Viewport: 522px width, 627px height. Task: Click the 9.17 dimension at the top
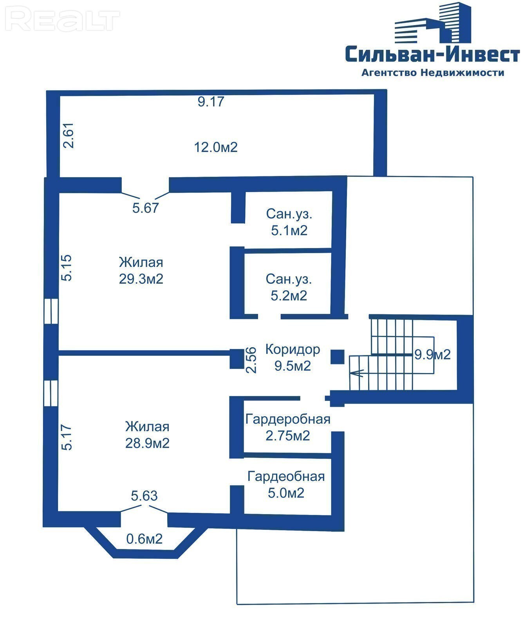pos(211,101)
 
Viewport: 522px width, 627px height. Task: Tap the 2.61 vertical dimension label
pos(69,135)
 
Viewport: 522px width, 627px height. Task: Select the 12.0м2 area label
pos(216,147)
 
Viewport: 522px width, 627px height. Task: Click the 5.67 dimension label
pos(146,208)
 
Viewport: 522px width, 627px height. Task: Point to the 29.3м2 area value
pos(141,279)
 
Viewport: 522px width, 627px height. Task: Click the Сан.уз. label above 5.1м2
pos(289,214)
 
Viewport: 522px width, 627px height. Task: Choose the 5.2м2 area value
pos(289,295)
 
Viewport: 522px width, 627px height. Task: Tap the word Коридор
pos(293,349)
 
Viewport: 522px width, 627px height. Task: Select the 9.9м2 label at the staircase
pos(432,355)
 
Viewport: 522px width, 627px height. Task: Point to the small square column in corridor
pos(337,357)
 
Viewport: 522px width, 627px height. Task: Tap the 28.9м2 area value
pos(147,443)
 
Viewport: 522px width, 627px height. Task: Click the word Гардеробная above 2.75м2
pos(288,419)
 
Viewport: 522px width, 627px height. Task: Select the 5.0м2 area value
pos(286,493)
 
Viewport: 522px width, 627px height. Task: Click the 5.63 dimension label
pos(144,496)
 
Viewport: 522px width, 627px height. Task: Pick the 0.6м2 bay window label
pos(144,539)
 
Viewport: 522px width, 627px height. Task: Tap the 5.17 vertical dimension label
pos(67,437)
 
